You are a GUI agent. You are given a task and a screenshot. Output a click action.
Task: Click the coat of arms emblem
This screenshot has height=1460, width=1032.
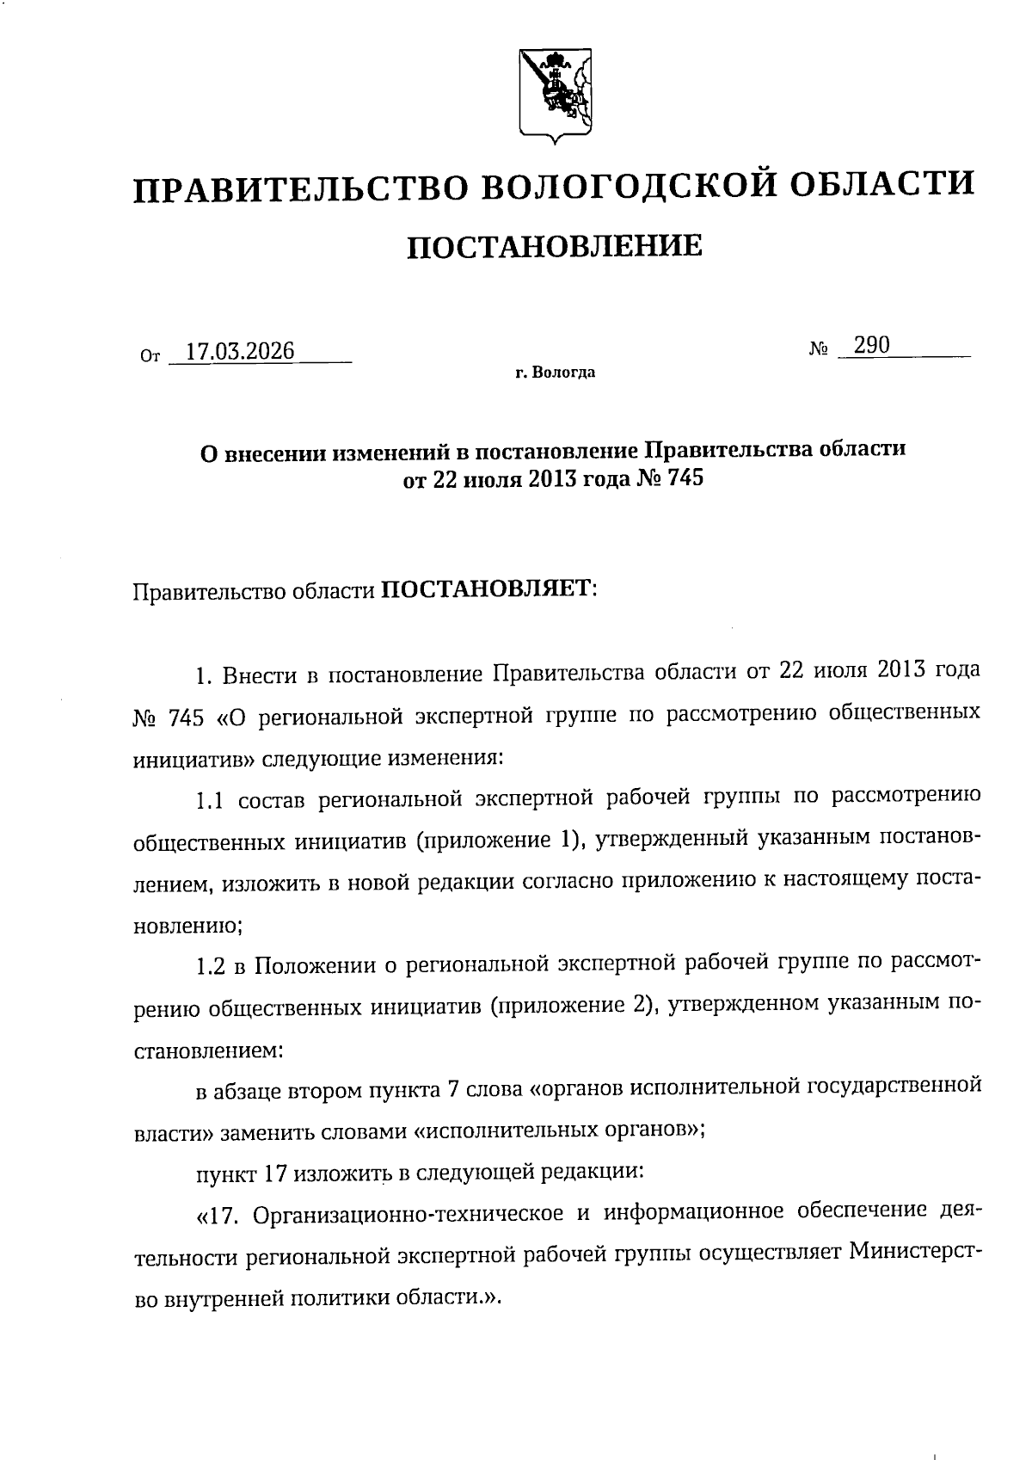pyautogui.click(x=555, y=94)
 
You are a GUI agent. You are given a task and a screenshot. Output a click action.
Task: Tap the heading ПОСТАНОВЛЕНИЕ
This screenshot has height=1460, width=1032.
pyautogui.click(x=554, y=247)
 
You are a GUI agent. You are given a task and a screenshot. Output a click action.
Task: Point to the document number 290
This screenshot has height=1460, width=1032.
pyautogui.click(x=871, y=346)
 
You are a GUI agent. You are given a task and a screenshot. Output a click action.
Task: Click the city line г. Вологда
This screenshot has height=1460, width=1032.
pyautogui.click(x=555, y=373)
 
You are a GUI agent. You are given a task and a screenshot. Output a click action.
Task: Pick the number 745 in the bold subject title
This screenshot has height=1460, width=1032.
pyautogui.click(x=683, y=477)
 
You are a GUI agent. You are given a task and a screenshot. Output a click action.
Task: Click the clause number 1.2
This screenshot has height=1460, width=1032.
pyautogui.click(x=212, y=965)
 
